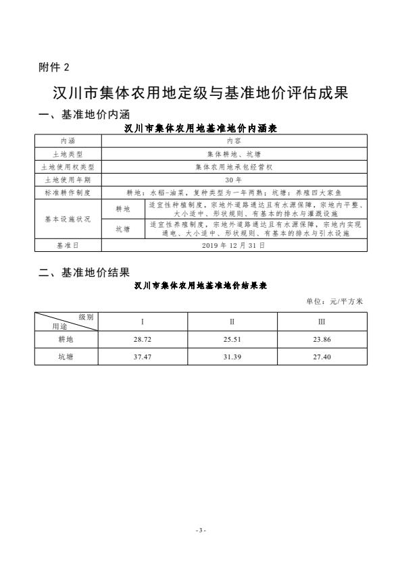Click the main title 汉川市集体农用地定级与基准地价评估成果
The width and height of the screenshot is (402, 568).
[x=201, y=93]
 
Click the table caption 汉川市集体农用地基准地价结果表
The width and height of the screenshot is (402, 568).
[x=201, y=286]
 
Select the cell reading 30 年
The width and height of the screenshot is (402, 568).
[x=234, y=180]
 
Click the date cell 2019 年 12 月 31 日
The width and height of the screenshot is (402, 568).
[x=234, y=246]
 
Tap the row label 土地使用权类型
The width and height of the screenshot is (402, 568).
[x=68, y=166]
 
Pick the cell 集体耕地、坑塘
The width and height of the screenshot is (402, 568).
[x=234, y=154]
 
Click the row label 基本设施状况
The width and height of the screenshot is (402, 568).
[x=68, y=219]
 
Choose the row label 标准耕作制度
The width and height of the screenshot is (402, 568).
[x=68, y=192]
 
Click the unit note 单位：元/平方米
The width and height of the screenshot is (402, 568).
[x=335, y=302]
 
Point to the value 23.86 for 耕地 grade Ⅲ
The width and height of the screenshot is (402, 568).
[x=322, y=340]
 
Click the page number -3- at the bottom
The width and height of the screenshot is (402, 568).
[x=201, y=530]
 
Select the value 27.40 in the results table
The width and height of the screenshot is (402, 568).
[x=322, y=357]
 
